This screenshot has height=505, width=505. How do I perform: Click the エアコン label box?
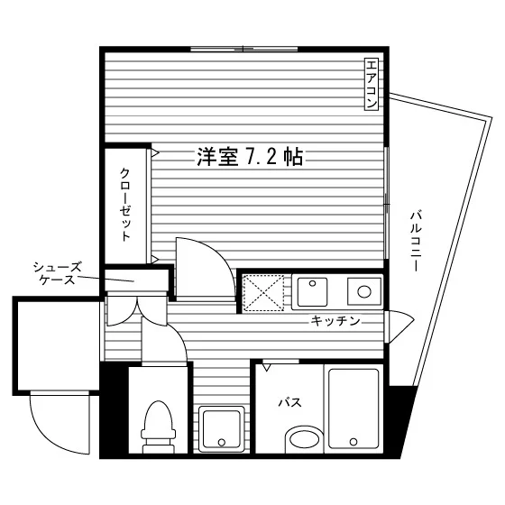pyautogui.click(x=371, y=85)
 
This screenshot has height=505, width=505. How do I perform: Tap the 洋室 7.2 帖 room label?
pyautogui.click(x=250, y=157)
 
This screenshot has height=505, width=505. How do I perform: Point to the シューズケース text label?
pyautogui.click(x=58, y=273)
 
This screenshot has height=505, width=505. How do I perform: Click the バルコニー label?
pyautogui.click(x=416, y=241)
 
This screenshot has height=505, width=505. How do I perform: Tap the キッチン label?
pyautogui.click(x=335, y=321)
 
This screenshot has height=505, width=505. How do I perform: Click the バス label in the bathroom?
pyautogui.click(x=289, y=402)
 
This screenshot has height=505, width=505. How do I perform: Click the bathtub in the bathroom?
pyautogui.click(x=353, y=409)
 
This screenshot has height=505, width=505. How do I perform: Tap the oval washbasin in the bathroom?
pyautogui.click(x=305, y=438)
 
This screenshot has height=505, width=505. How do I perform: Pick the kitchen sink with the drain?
pyautogui.click(x=312, y=292)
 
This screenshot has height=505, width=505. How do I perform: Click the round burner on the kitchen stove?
pyautogui.click(x=364, y=292)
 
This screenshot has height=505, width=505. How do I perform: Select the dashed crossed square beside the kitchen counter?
pyautogui.click(x=263, y=293)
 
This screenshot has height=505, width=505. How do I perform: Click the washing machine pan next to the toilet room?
pyautogui.click(x=221, y=429)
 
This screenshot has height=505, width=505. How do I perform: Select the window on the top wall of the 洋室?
pyautogui.click(x=243, y=49)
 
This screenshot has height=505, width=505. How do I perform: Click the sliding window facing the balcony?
pyautogui.click(x=387, y=203)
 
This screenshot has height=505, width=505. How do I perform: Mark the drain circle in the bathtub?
pyautogui.click(x=353, y=441)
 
